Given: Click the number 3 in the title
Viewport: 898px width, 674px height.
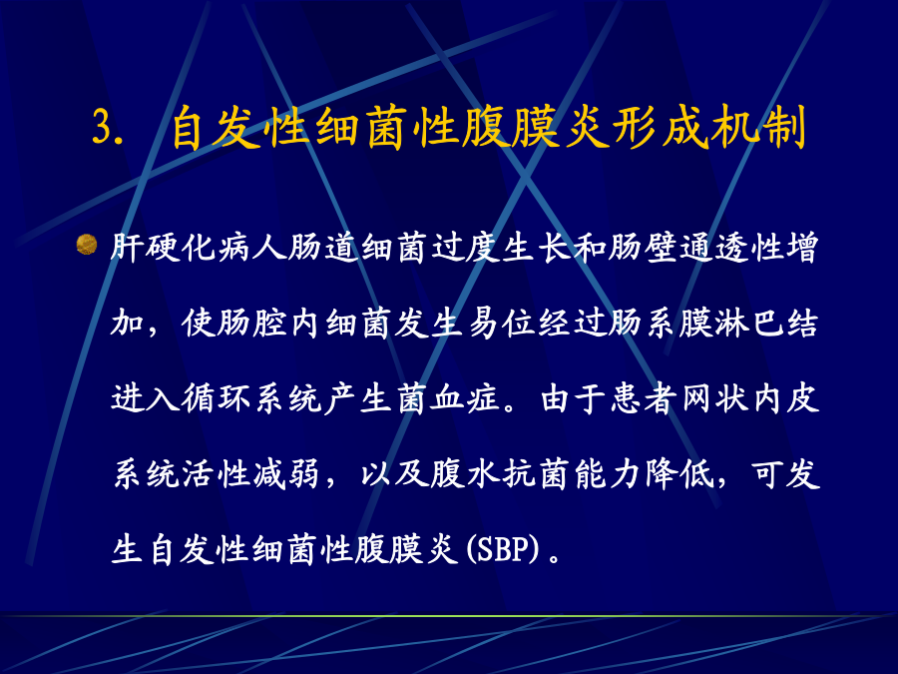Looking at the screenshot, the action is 103,126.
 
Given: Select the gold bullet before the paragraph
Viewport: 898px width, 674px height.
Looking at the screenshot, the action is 87,245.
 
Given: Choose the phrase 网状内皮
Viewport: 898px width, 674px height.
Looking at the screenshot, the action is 750,398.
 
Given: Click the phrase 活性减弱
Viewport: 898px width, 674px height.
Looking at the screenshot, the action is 249,474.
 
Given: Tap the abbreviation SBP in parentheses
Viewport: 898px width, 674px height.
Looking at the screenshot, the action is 503,549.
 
